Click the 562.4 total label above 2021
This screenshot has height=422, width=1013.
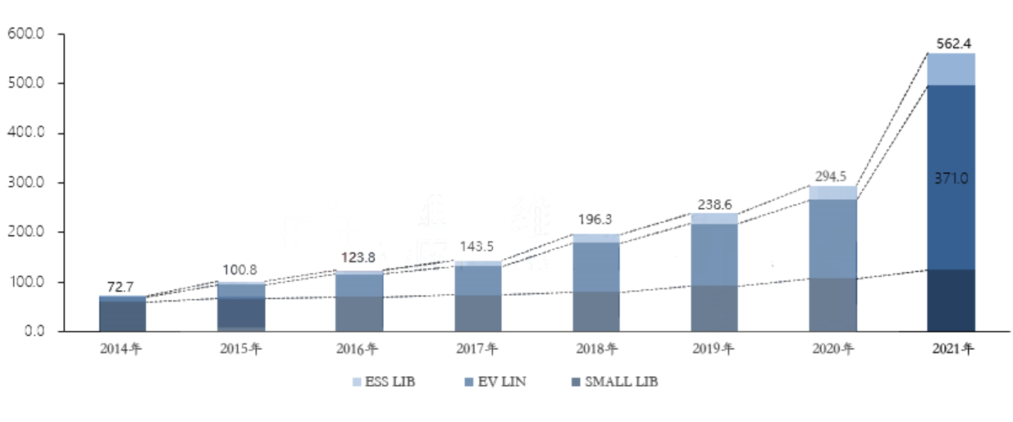[951, 43]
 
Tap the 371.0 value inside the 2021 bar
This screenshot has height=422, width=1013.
[951, 177]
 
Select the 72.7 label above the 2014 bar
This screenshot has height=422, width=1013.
[121, 287]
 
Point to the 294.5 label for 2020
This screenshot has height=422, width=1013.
[832, 176]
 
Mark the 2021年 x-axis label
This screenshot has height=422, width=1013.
[951, 349]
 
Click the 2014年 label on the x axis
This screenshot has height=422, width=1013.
[121, 349]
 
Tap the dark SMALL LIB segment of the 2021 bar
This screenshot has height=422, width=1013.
[951, 300]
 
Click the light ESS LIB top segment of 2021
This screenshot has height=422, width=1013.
[951, 69]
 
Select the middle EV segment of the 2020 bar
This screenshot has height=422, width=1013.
[832, 238]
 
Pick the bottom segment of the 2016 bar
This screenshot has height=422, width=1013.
[359, 314]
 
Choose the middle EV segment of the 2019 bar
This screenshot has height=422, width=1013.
[714, 254]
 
